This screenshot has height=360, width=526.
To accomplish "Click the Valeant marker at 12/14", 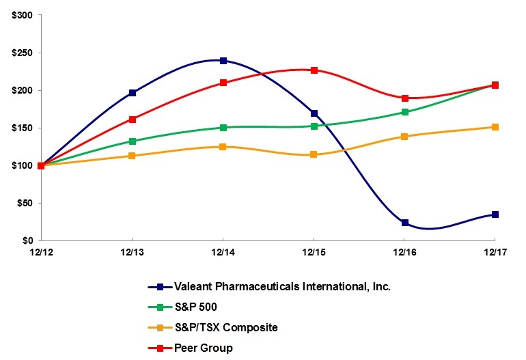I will point(223,60).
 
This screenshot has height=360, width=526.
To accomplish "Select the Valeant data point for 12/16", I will point(404,223).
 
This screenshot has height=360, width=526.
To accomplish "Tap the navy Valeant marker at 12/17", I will point(495,214).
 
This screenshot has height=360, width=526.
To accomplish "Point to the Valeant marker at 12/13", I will point(132,93).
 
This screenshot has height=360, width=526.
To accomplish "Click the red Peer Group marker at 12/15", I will point(314,70).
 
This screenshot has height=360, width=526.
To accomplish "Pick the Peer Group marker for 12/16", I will point(404,98).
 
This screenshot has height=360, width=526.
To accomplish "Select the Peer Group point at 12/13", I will point(132,120).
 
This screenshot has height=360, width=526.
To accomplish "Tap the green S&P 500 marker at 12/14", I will point(223,128).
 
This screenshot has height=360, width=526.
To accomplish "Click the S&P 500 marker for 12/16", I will point(404,112).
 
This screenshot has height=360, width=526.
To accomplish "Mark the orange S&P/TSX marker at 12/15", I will point(314,154).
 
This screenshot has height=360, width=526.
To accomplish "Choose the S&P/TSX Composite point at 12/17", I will point(495,127).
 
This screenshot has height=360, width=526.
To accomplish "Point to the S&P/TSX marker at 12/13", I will point(132,156).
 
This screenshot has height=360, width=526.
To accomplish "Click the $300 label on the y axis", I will point(22,15).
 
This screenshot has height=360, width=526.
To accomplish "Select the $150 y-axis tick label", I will point(22,128).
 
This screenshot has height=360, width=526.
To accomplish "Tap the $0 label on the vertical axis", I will point(27,240).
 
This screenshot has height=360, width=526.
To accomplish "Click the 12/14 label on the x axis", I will point(223,253).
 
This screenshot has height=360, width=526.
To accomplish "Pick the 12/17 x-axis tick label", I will point(494,253).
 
